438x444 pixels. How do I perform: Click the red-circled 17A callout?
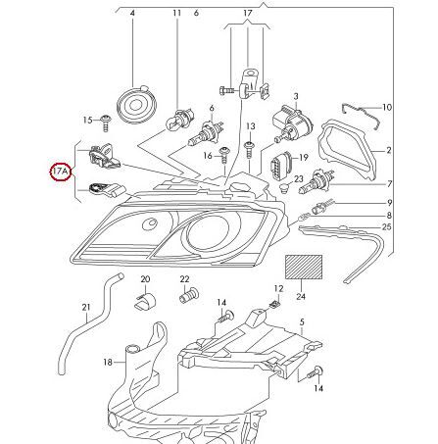tap(60, 172)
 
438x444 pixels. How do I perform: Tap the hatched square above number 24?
tap(304, 267)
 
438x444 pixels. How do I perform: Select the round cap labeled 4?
tap(136, 105)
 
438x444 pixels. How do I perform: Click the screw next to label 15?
tap(105, 123)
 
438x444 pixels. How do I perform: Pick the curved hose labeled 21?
tap(89, 323)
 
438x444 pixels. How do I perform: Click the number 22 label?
tap(184, 279)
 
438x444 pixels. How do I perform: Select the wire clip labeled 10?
tap(361, 116)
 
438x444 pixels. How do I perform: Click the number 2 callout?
tap(389, 150)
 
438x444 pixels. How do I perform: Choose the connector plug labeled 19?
tap(279, 165)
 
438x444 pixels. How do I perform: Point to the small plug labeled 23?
tap(285, 188)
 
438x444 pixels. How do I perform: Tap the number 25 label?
tap(387, 226)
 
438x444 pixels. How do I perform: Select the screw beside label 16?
tap(224, 156)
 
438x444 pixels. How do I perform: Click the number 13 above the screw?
tap(251, 126)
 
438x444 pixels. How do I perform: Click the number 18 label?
tap(108, 362)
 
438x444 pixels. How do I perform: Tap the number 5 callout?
tap(302, 321)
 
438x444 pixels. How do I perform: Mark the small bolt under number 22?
tap(189, 295)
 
